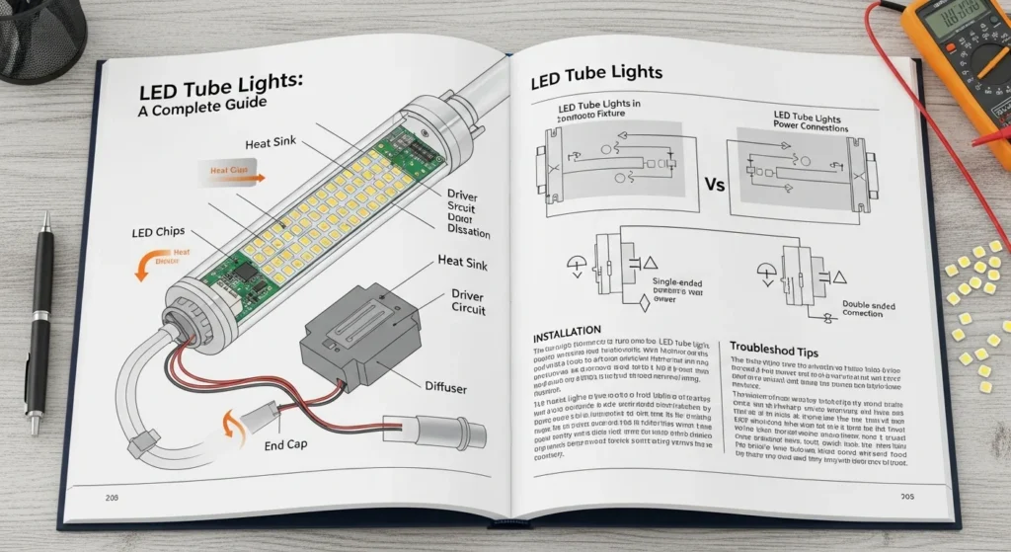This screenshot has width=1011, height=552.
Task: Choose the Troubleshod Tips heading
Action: tap(786, 348)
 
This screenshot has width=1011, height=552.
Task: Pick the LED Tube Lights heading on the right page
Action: tap(596, 73)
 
